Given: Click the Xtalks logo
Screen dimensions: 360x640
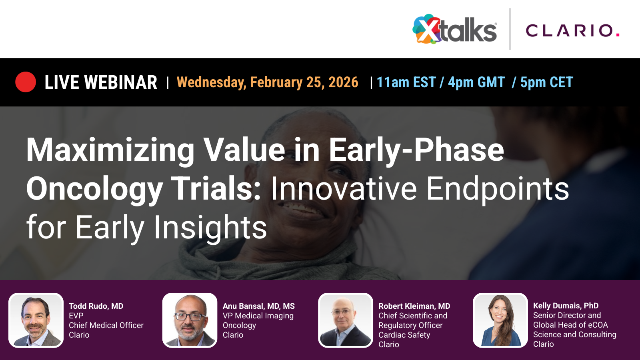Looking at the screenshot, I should pyautogui.click(x=455, y=30).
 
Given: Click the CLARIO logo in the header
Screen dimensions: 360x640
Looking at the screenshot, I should pyautogui.click(x=572, y=30).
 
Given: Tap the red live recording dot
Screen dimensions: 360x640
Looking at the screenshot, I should pyautogui.click(x=26, y=82).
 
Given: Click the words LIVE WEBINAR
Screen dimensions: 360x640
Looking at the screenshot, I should pyautogui.click(x=100, y=82).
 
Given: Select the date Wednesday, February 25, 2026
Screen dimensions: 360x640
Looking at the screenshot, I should pyautogui.click(x=267, y=82).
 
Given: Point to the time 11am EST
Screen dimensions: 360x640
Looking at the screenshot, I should pyautogui.click(x=406, y=82).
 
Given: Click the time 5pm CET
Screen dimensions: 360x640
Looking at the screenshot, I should pyautogui.click(x=546, y=82).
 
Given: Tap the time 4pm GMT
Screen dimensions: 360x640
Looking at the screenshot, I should pyautogui.click(x=476, y=82).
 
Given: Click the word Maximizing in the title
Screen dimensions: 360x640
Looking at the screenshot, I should pyautogui.click(x=110, y=150).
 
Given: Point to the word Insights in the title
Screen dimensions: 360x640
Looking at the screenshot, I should pyautogui.click(x=210, y=227).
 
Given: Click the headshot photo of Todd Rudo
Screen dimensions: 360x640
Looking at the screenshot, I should pyautogui.click(x=36, y=320).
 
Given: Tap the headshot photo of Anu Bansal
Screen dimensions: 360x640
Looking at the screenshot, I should pyautogui.click(x=190, y=320).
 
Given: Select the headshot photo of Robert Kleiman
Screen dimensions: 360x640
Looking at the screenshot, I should pyautogui.click(x=346, y=320).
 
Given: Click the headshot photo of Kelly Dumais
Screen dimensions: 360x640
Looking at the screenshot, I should pyautogui.click(x=500, y=320).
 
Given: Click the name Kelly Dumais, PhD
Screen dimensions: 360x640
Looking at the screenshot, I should pyautogui.click(x=566, y=306).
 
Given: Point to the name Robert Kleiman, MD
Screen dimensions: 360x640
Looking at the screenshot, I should pyautogui.click(x=414, y=306).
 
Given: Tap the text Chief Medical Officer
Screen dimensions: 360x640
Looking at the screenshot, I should pyautogui.click(x=106, y=325).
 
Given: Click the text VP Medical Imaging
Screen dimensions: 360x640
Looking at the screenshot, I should pyautogui.click(x=258, y=316).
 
